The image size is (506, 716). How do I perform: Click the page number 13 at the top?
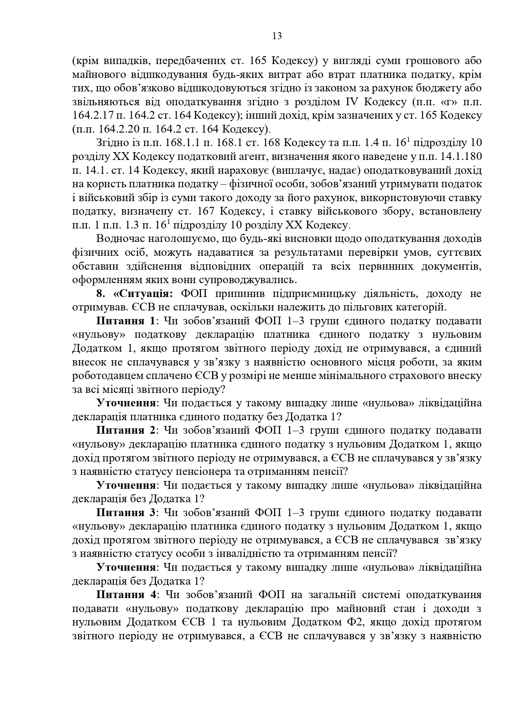pos(277,36)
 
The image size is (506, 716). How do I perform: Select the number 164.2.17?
pos(91,115)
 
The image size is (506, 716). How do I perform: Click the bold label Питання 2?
pos(126,430)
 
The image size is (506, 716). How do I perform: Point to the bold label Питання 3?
pos(126,512)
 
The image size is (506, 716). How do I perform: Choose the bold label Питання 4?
pos(126,595)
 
